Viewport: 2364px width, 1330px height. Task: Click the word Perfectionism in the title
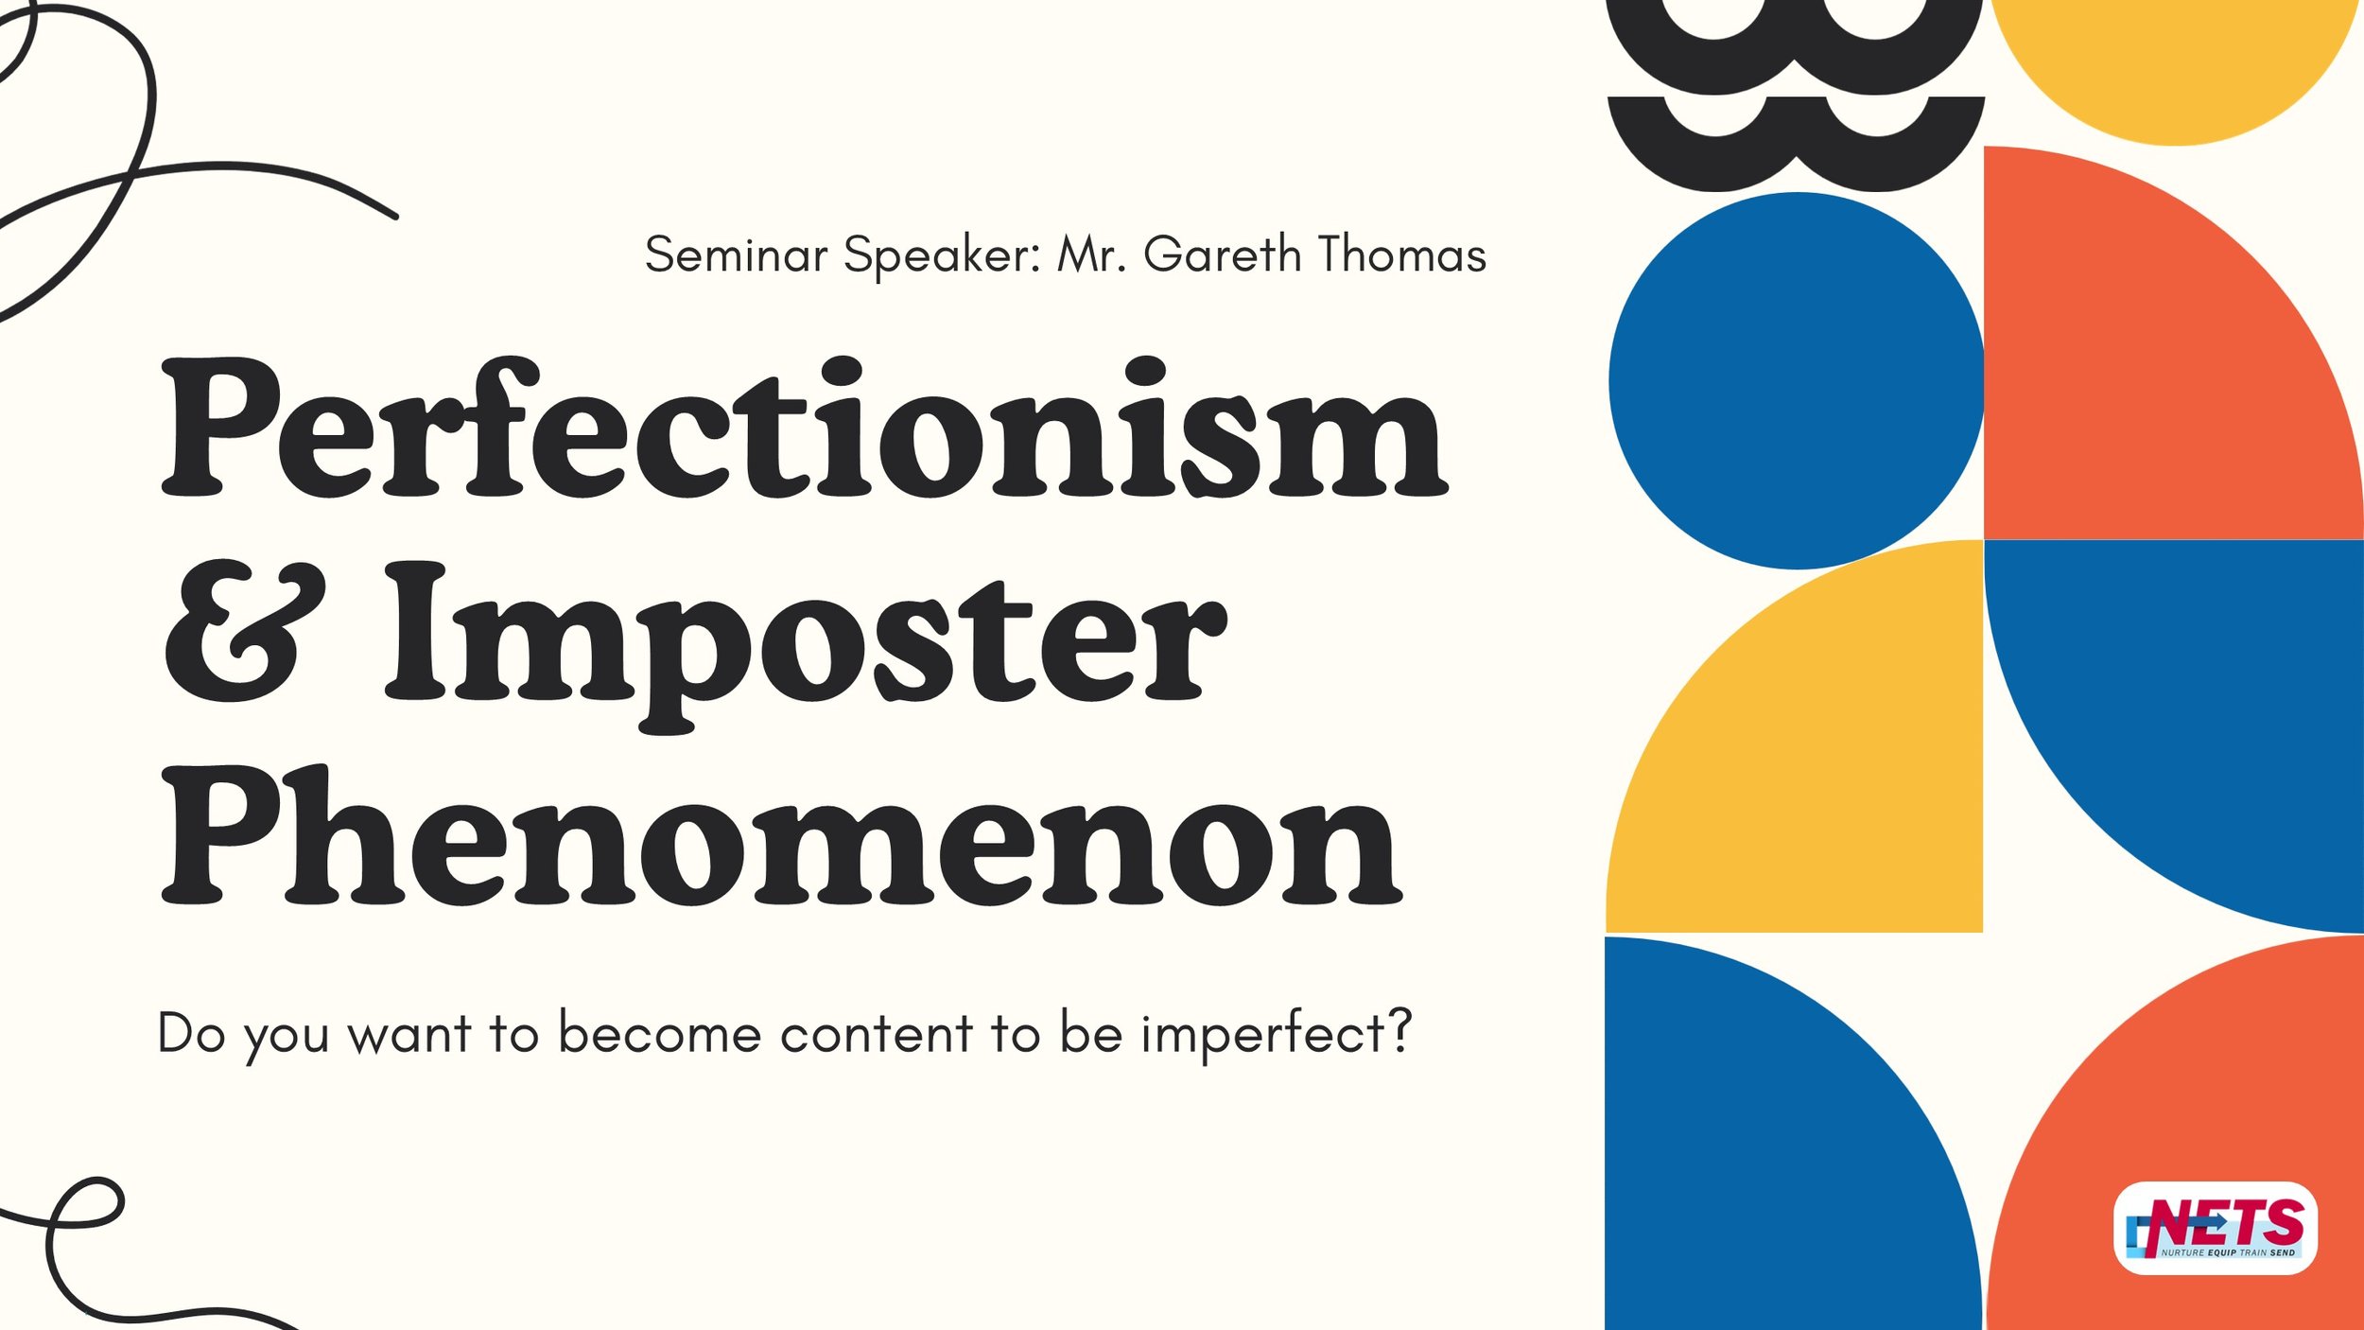click(x=804, y=430)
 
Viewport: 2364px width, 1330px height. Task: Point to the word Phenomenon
click(x=780, y=837)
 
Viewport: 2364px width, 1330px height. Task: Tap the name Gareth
click(x=1222, y=255)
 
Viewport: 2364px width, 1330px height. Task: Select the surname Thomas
click(x=1401, y=255)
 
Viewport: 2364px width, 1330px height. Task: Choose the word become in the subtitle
click(x=659, y=1033)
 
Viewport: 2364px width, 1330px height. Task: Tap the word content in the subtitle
click(x=877, y=1033)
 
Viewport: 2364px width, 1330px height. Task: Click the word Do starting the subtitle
click(x=191, y=1033)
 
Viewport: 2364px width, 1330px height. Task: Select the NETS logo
click(x=2215, y=1228)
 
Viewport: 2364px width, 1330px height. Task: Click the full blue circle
click(x=1797, y=380)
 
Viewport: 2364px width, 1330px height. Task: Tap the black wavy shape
click(x=1795, y=95)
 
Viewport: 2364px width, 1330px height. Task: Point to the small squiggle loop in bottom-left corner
click(x=85, y=1206)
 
